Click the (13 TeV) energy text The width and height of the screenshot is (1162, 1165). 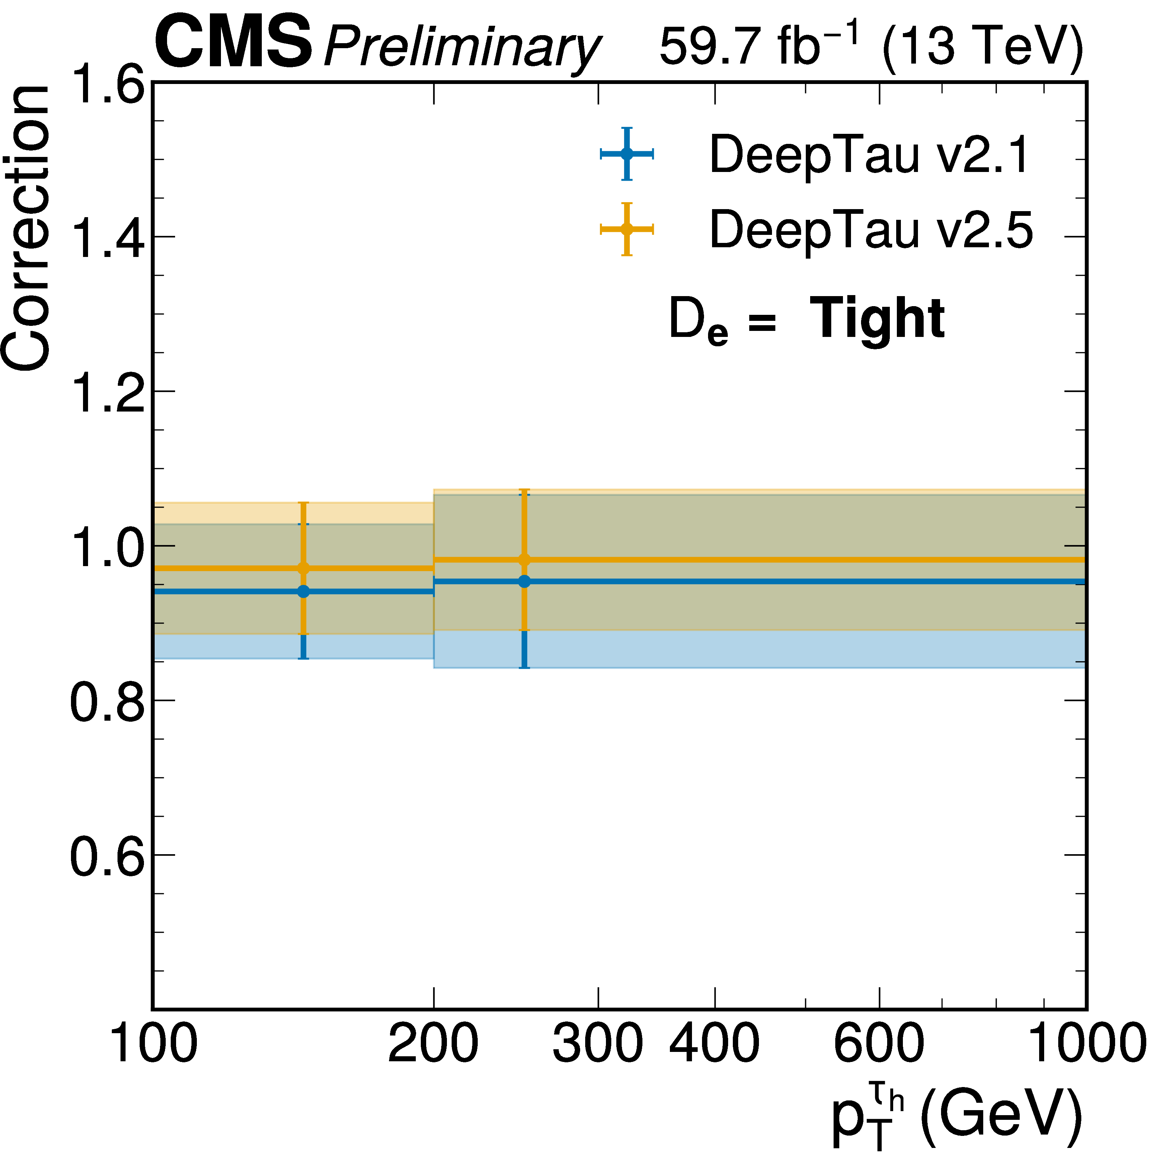coord(982,47)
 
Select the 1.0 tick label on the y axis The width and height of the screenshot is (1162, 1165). coord(108,547)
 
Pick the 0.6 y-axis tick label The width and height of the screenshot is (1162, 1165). coord(108,856)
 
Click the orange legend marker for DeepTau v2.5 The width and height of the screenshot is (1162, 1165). coord(627,229)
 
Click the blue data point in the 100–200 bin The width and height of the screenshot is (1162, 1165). coord(303,592)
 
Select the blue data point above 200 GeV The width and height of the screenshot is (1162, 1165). coord(524,581)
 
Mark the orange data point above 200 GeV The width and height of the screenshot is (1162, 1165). coord(524,560)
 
